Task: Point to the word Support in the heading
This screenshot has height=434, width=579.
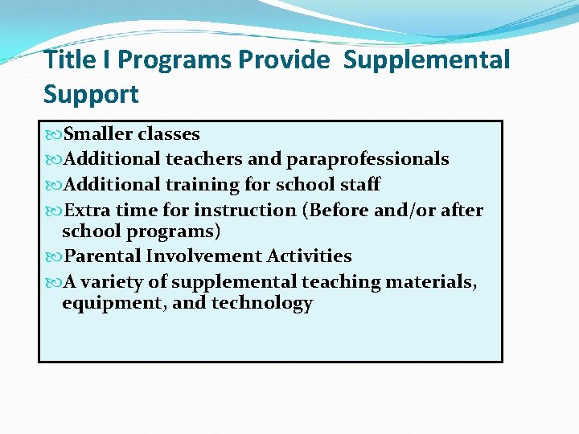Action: pos(91,95)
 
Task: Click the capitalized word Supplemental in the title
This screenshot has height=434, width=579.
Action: pos(426,60)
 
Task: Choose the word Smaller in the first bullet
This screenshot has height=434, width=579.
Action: pos(98,133)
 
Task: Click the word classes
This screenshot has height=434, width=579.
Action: pos(168,133)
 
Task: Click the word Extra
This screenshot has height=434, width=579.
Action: pos(88,211)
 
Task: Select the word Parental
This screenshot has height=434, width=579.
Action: pos(102,256)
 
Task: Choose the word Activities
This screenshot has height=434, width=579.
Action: pos(310,256)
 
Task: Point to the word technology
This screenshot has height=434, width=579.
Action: pos(262,303)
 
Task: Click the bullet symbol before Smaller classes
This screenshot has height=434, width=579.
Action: pos(54,134)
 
